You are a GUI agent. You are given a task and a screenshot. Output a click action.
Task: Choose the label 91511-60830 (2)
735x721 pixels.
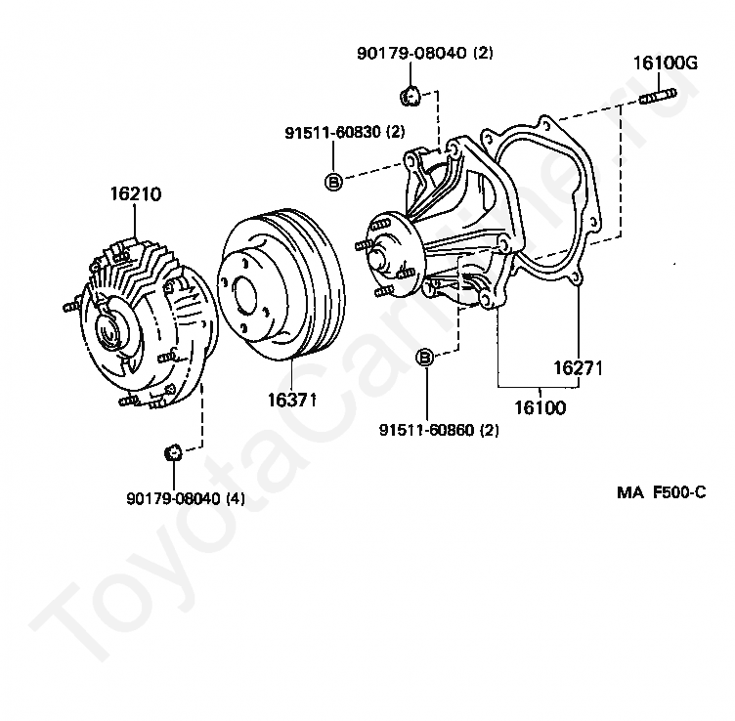point(345,132)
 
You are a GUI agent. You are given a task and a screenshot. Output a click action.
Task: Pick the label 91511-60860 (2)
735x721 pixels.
point(439,430)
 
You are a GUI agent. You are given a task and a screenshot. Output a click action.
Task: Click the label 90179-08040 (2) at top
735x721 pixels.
point(424,54)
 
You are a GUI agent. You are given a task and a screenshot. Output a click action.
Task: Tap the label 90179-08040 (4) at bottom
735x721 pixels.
point(186,498)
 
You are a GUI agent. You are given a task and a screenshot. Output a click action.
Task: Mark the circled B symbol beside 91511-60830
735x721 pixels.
point(333,180)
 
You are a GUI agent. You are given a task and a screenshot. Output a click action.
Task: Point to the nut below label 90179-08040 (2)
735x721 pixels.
point(410,95)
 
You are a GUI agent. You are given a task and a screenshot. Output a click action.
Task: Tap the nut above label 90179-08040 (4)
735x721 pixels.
point(173,451)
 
